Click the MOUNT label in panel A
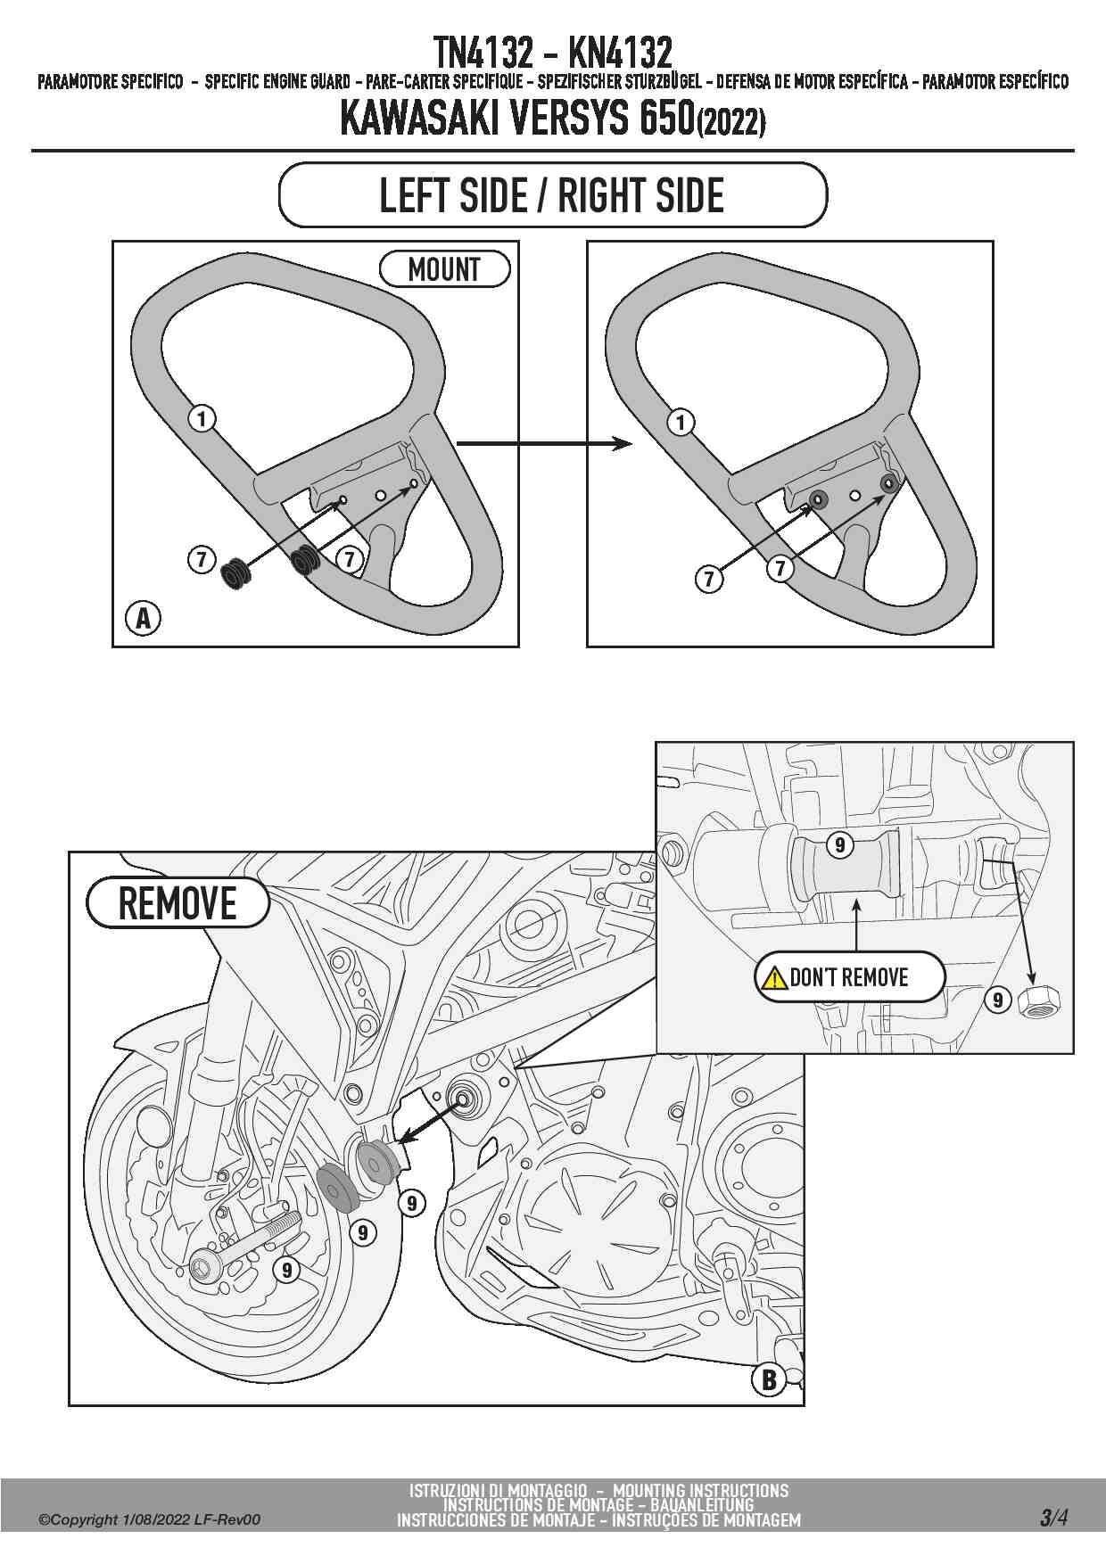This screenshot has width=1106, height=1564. point(444,269)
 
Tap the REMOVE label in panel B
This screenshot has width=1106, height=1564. point(177,903)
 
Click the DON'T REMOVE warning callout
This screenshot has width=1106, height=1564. point(849,977)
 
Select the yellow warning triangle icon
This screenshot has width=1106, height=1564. point(772,978)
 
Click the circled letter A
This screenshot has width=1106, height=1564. point(144,617)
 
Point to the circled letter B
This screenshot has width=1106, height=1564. point(769,1380)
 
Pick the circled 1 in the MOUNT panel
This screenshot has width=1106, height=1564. point(202,417)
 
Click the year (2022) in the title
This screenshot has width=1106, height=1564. point(731,121)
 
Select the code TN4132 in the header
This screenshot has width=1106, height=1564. point(482,53)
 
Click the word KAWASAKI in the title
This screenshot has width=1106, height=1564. point(421,119)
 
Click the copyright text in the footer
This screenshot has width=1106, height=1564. point(149,1519)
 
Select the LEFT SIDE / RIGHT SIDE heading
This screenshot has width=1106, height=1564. point(552,195)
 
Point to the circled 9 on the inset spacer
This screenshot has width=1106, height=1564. point(839,844)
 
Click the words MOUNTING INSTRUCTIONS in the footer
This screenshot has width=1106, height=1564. point(700,1490)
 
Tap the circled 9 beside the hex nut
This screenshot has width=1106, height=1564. point(998,1000)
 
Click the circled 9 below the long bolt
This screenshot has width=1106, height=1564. point(286,1270)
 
